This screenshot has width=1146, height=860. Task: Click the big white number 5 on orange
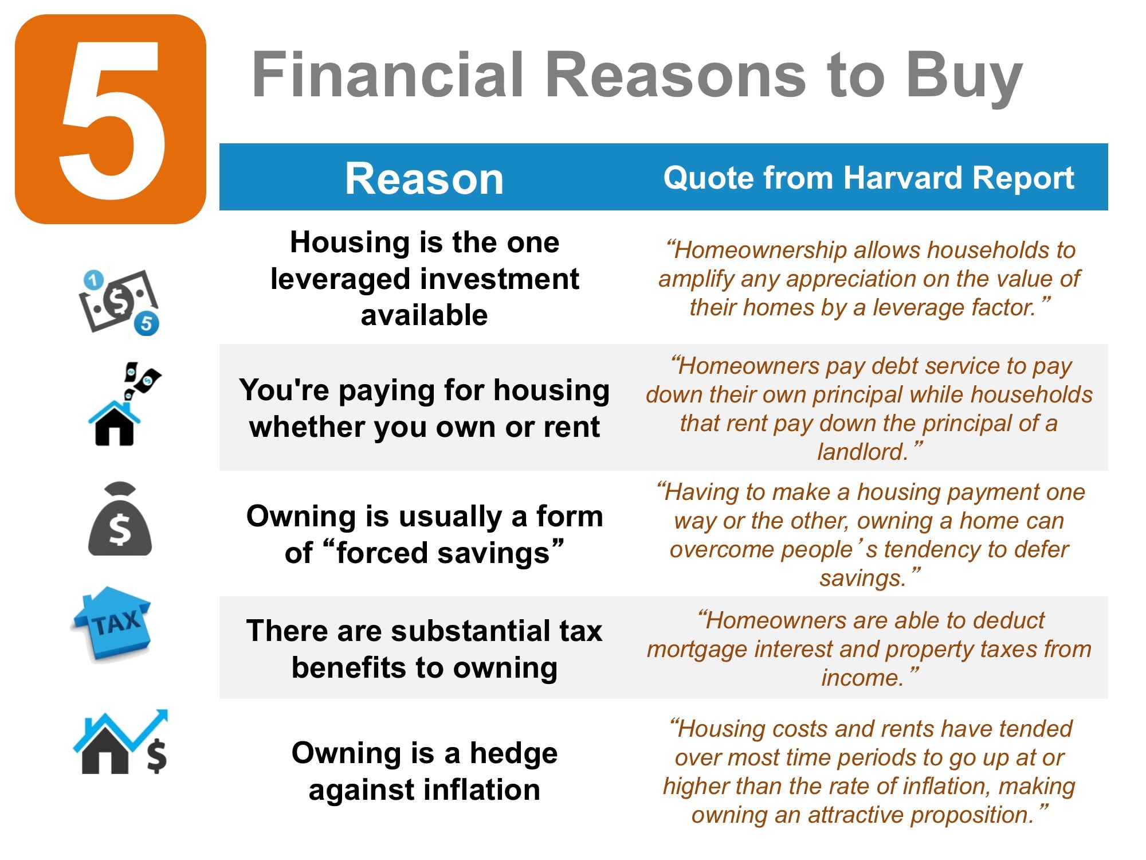click(112, 119)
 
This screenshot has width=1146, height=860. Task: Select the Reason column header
click(424, 179)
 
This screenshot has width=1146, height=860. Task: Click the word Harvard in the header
click(902, 178)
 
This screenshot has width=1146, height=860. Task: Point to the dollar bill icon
click(119, 301)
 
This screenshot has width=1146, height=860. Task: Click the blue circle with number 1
click(93, 280)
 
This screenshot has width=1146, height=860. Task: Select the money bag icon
click(120, 519)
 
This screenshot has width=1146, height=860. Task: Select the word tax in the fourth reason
click(581, 631)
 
